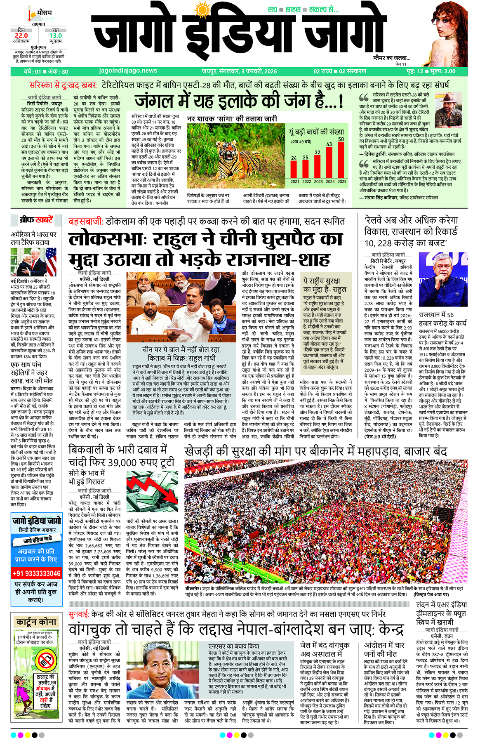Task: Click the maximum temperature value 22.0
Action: (21, 36)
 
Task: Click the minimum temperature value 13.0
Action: (55, 36)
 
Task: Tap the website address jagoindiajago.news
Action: (128, 71)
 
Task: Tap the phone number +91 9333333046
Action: (37, 573)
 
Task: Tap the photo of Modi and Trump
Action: (33, 262)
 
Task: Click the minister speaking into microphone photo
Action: (443, 280)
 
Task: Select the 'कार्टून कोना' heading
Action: (36, 622)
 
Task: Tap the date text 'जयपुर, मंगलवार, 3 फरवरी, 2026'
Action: (239, 71)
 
